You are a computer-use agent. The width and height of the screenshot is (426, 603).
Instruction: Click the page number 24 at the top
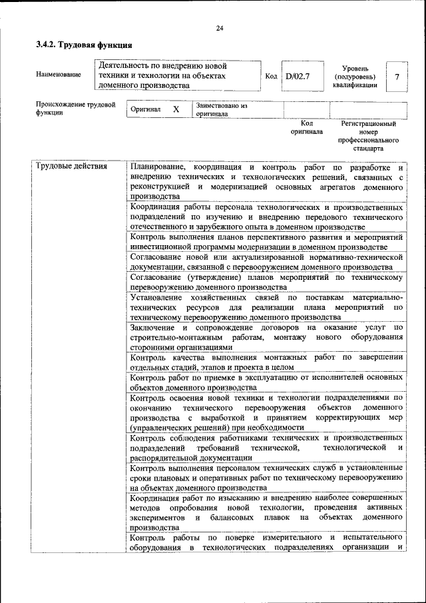pyautogui.click(x=220, y=27)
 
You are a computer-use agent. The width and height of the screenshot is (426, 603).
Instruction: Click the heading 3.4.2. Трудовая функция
pyautogui.click(x=84, y=45)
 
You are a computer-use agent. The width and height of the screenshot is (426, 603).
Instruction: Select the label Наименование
pyautogui.click(x=59, y=75)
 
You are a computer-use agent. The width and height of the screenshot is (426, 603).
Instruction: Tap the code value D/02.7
pyautogui.click(x=298, y=77)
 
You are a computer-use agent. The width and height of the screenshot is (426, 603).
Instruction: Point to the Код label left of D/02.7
pyautogui.click(x=271, y=77)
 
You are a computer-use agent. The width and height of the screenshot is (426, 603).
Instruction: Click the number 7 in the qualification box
pyautogui.click(x=397, y=77)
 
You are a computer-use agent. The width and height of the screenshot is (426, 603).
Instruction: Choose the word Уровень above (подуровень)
pyautogui.click(x=357, y=68)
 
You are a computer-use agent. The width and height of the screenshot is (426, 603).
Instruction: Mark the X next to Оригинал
pyautogui.click(x=176, y=109)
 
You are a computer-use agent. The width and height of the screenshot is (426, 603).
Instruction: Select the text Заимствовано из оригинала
pyautogui.click(x=221, y=109)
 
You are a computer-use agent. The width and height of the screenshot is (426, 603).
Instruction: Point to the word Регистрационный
pyautogui.click(x=368, y=123)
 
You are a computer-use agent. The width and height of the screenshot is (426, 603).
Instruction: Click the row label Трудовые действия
pyautogui.click(x=71, y=166)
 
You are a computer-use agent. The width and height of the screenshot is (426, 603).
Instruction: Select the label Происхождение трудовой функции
pyautogui.click(x=75, y=109)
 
